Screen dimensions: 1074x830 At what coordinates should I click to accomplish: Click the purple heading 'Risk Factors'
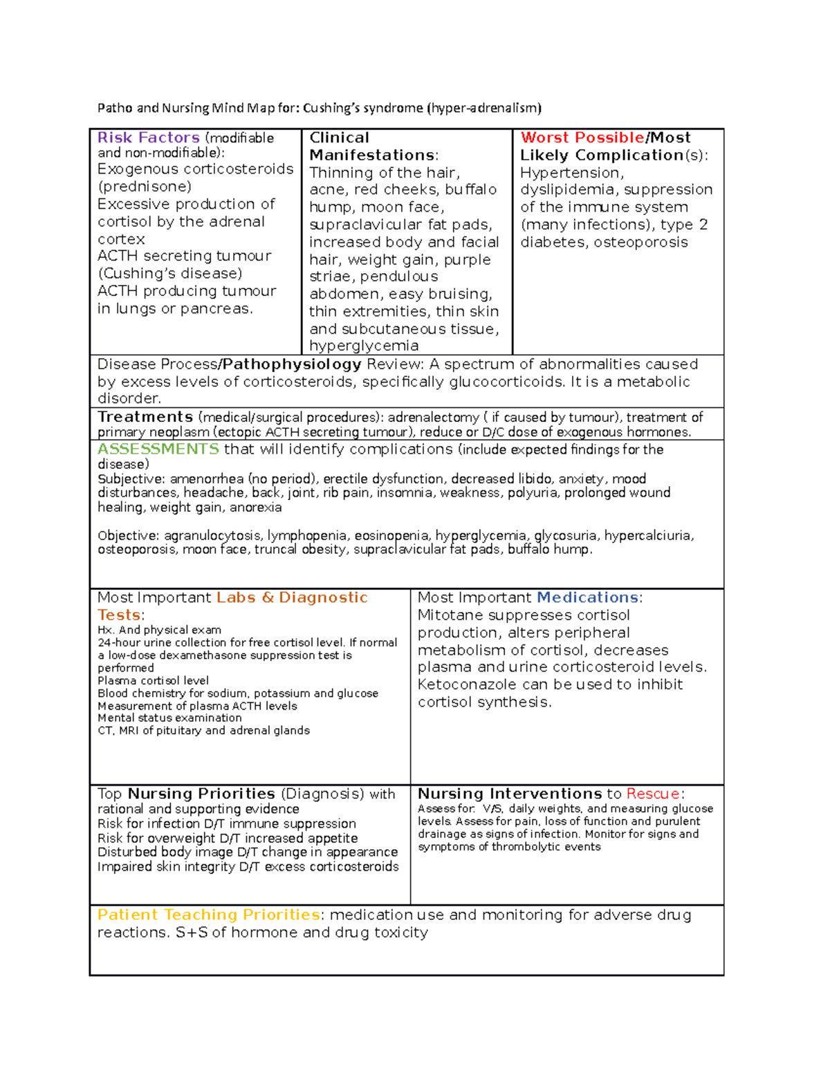148,138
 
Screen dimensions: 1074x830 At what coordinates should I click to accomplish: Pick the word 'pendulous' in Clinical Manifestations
399,277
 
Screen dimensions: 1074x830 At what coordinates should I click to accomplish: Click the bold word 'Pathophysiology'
292,364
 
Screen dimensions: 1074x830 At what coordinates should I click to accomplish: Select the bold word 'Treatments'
145,417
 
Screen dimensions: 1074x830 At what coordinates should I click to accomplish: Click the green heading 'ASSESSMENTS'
158,450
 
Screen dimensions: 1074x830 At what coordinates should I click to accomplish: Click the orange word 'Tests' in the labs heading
119,615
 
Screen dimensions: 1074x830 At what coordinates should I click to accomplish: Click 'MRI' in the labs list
129,731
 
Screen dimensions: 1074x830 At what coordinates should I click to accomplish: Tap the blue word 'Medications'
587,598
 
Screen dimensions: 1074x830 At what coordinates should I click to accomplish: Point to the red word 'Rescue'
653,794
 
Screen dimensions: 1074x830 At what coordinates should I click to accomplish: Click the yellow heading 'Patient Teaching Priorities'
208,915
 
